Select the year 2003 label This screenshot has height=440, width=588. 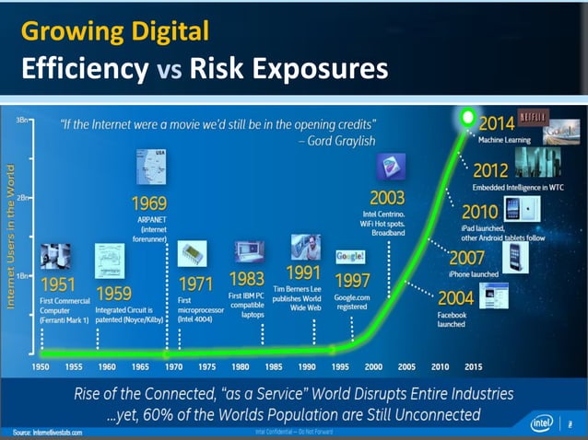[388, 197]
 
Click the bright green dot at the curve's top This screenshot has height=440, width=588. [467, 118]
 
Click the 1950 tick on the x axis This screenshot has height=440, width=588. [41, 365]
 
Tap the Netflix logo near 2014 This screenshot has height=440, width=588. [535, 118]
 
